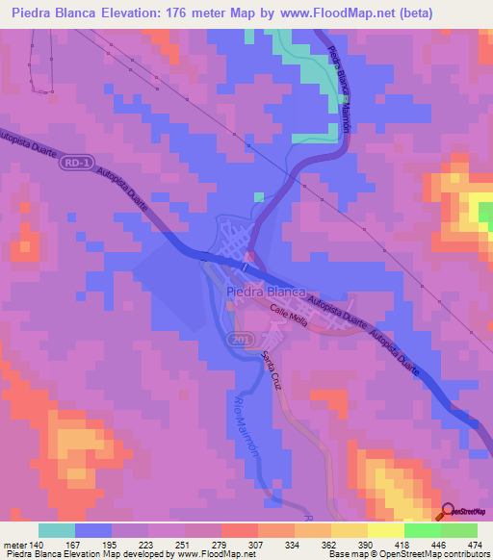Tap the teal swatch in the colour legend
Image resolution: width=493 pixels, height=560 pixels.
tap(56, 530)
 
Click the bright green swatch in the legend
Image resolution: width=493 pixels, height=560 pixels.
tap(458, 530)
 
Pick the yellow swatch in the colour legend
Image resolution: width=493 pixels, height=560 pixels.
tap(350, 530)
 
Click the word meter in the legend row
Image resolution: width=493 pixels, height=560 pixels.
tap(14, 545)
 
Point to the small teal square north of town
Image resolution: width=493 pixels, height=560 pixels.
tap(258, 197)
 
